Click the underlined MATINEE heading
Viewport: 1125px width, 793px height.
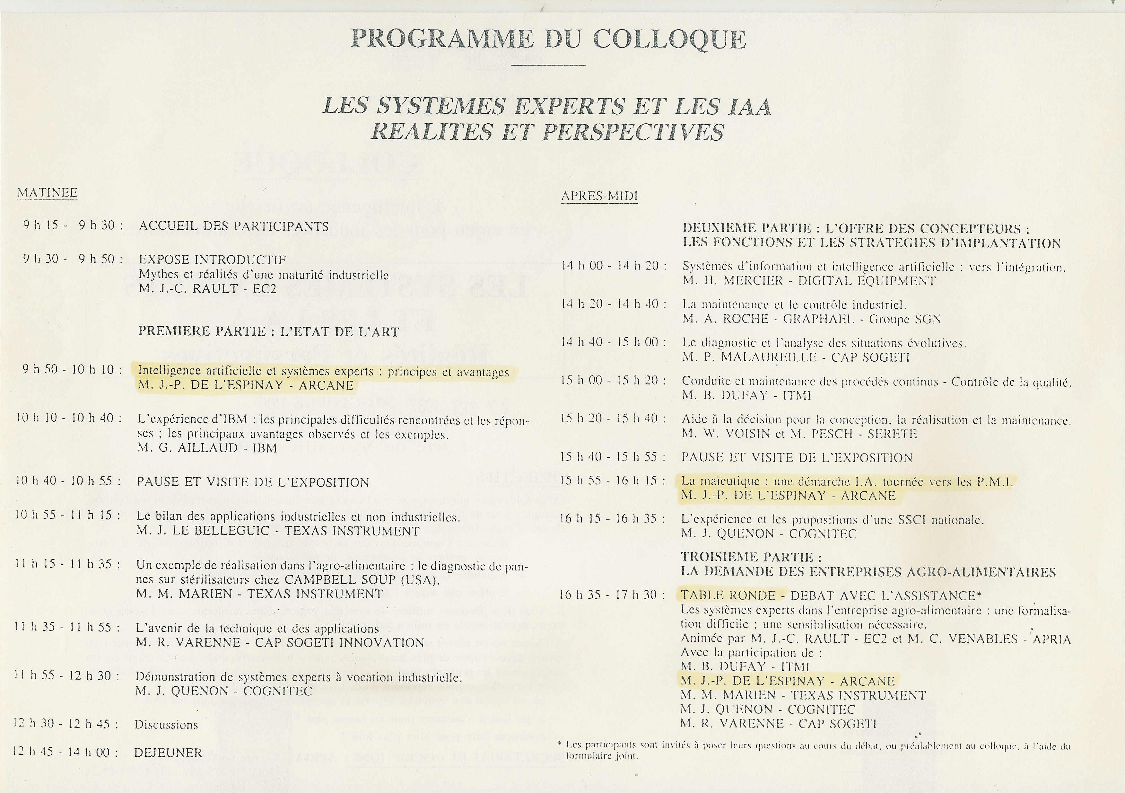(x=48, y=193)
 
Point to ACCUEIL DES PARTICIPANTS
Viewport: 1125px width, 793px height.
(x=234, y=226)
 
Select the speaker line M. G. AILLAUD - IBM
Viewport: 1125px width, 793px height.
(x=207, y=448)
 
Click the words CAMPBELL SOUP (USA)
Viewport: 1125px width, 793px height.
(x=362, y=580)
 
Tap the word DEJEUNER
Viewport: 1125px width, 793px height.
(x=168, y=753)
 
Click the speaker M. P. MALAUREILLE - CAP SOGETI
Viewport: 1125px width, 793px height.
(x=796, y=357)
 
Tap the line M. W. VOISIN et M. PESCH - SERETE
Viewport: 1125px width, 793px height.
(x=799, y=434)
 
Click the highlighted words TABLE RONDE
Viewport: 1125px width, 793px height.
(x=728, y=595)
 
